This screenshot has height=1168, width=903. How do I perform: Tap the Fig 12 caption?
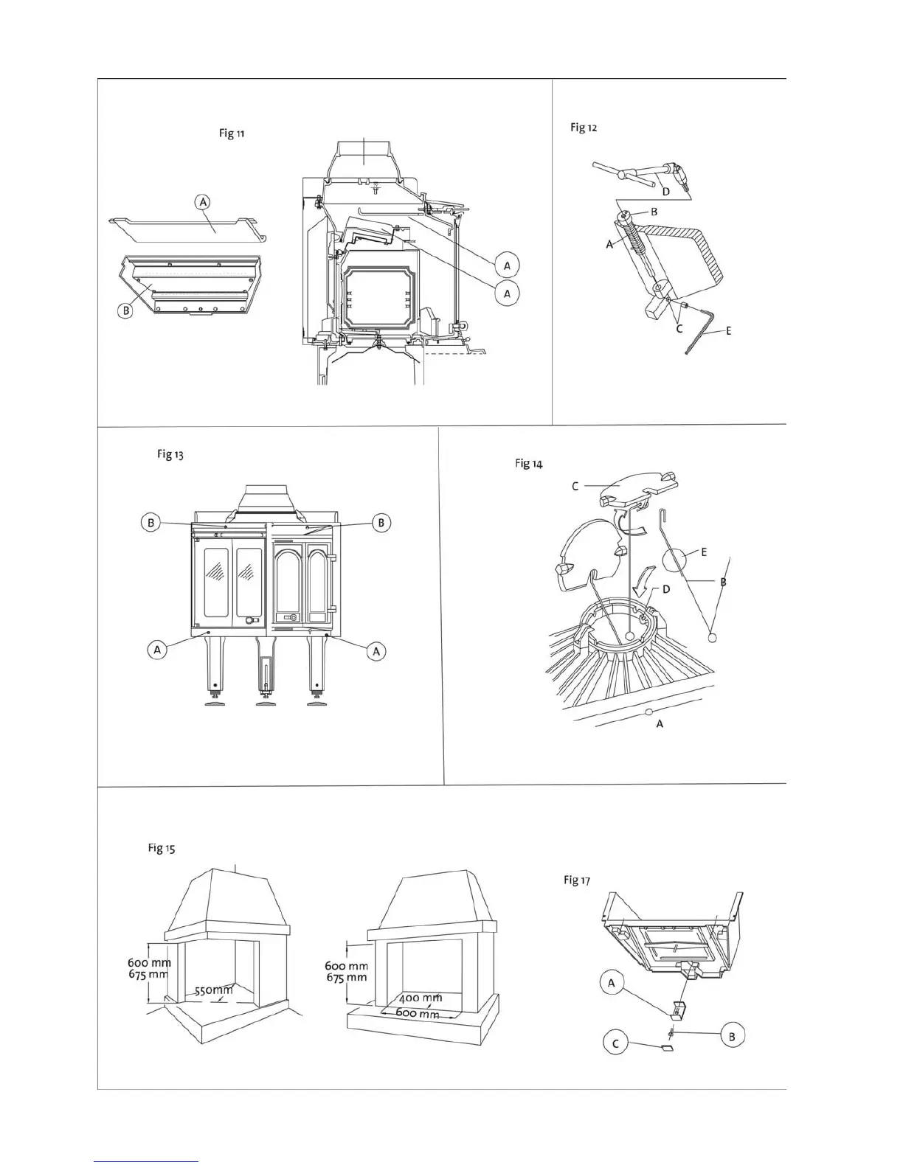tap(583, 128)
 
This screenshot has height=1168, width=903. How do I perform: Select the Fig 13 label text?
tap(170, 454)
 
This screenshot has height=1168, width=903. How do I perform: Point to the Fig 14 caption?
tap(528, 464)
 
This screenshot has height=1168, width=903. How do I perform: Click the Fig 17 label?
tap(576, 880)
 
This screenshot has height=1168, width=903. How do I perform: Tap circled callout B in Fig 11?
tap(126, 310)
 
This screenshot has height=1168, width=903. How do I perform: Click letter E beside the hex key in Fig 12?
tap(729, 331)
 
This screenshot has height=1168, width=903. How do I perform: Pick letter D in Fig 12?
tap(665, 192)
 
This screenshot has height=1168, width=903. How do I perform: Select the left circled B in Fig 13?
tap(150, 523)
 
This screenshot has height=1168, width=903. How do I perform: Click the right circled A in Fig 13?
tap(376, 651)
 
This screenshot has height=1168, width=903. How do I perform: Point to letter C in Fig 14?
tap(575, 486)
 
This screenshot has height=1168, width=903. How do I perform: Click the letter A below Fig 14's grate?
tap(660, 724)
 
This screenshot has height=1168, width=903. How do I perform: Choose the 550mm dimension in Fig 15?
tap(213, 990)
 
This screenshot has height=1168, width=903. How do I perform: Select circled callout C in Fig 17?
tap(616, 1043)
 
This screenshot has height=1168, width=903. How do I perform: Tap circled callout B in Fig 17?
tap(732, 1036)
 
